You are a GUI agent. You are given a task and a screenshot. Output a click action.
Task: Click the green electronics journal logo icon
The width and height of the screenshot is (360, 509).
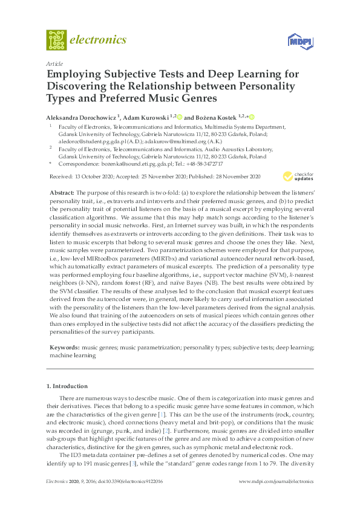click(56, 40)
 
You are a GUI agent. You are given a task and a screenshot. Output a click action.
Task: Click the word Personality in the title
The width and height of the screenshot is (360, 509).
click(264, 86)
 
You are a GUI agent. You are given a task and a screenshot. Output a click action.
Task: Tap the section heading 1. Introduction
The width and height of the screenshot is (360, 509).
click(67, 386)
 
